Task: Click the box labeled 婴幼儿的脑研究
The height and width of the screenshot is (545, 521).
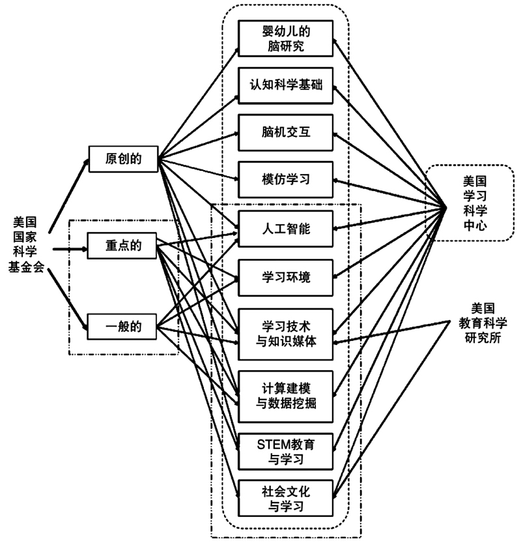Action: tap(286, 38)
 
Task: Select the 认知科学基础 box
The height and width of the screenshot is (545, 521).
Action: tap(286, 85)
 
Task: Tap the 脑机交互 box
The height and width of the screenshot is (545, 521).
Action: tap(286, 132)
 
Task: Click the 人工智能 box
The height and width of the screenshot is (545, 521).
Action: tap(286, 229)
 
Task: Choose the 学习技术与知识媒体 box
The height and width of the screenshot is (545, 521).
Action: tap(286, 332)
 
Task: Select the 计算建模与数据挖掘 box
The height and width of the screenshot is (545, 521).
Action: tap(286, 394)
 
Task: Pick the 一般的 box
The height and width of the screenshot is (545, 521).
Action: tap(124, 324)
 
